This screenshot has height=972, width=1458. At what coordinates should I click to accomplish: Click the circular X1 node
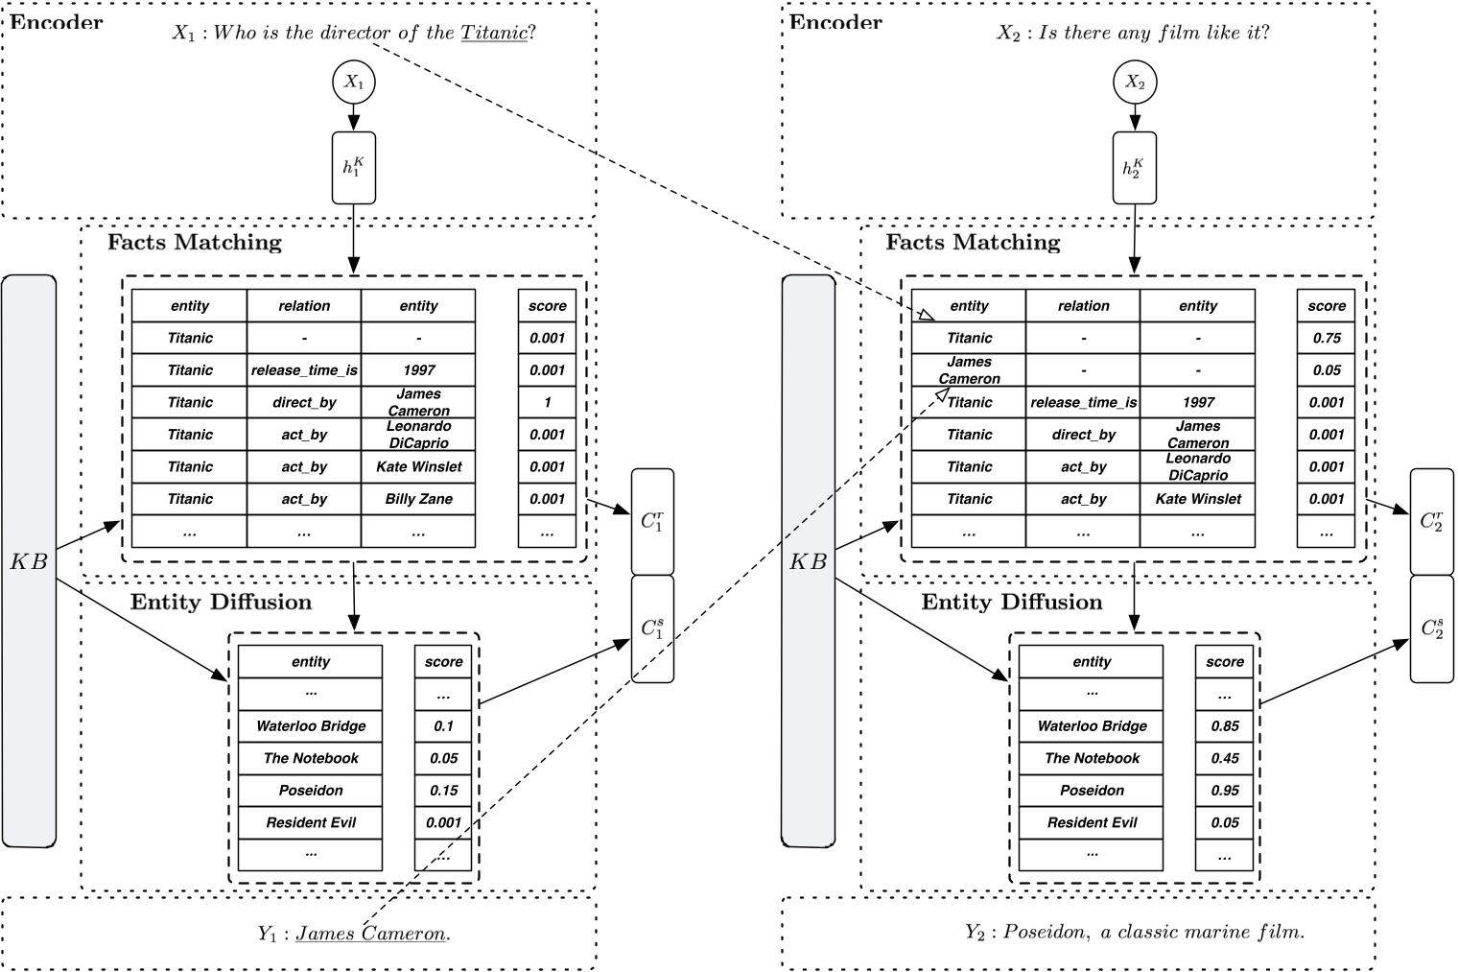pos(354,83)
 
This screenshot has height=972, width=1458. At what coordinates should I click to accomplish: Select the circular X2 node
pos(1135,83)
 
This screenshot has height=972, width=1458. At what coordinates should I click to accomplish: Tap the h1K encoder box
pos(354,167)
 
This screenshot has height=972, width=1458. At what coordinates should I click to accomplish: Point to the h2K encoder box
pos(1135,167)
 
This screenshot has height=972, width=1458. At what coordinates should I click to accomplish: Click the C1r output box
pos(652,521)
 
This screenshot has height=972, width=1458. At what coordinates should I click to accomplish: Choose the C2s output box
pos(1432,628)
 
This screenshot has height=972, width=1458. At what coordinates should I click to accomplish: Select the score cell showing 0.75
pos(1327,338)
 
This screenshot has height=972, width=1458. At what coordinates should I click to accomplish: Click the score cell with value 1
pos(547,402)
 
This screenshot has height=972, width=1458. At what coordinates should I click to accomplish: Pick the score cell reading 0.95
pos(1225,790)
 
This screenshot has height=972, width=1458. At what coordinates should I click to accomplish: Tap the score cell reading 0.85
pos(1225,725)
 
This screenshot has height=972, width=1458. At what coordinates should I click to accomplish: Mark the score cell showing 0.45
pos(1225,758)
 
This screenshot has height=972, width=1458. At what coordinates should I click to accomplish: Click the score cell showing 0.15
pos(443,790)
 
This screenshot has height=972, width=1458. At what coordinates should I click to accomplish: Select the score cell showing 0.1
pos(443,725)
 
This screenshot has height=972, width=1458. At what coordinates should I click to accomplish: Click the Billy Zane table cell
pos(418,499)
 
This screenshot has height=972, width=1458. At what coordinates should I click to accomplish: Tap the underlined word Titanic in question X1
pos(494,33)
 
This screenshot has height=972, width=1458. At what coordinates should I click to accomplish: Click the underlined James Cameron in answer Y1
pos(370,933)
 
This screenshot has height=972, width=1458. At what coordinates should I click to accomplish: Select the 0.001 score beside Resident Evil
pos(443,822)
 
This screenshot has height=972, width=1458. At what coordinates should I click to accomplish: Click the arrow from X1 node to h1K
pos(354,118)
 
